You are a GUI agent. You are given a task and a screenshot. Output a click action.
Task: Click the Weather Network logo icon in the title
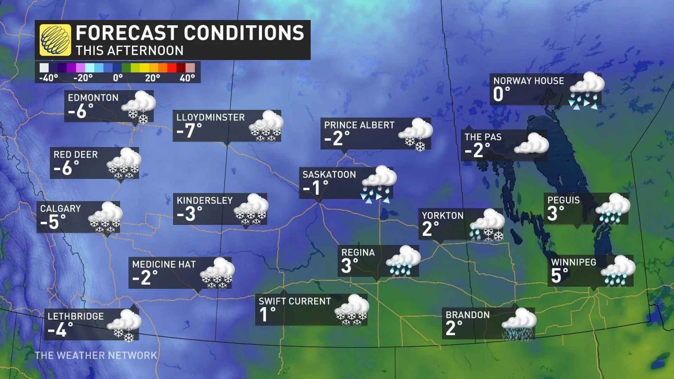pos(55,40)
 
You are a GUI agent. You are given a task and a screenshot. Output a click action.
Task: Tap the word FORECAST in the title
pos(126,33)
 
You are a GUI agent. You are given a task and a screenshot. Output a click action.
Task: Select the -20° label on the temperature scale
pos(83,78)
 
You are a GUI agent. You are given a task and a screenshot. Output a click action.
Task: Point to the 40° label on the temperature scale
pos(187,78)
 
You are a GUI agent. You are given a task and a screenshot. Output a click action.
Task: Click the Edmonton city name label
pos(93,98)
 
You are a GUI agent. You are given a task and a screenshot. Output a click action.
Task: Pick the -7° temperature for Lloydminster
pos(189,131)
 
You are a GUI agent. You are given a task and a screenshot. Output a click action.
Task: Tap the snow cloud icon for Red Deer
pos(124,164)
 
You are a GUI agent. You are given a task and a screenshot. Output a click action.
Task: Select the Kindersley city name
pos(205,200)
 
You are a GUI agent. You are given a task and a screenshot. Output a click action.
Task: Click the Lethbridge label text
pos(75,316)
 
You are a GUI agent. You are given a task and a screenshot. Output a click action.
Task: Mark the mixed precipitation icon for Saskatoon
pos(378,184)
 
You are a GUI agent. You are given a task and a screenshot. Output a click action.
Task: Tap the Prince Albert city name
pos(359,125)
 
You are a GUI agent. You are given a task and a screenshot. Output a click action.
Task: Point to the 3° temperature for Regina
pos(350,265)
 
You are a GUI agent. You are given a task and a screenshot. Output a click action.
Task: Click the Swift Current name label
pos(295,301)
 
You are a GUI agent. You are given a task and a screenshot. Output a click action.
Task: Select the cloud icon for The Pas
pos(531,144)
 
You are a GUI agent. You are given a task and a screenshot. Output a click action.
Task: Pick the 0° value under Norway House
pos(501,94)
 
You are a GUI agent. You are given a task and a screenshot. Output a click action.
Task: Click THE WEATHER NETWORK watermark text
pos(96,355)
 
